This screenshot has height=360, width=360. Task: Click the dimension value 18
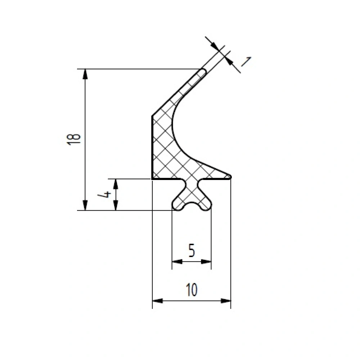[74, 139]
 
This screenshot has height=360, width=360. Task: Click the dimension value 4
[104, 195]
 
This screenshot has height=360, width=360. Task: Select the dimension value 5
[192, 251]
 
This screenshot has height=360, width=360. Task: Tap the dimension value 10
[192, 290]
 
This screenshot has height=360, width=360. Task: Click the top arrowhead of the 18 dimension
[85, 74]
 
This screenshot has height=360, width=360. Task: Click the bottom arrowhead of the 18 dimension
[85, 205]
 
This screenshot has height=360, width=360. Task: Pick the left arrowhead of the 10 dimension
[158, 301]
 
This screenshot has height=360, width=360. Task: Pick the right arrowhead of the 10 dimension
[226, 301]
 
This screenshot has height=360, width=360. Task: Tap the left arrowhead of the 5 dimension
[177, 261]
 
